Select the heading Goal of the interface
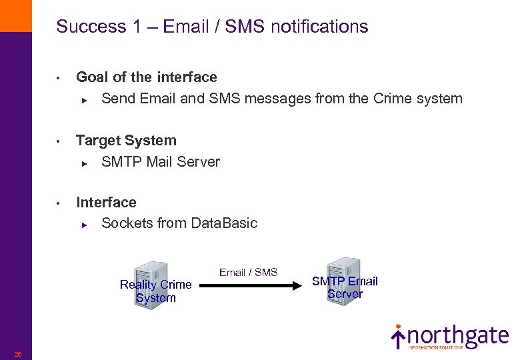coord(147,77)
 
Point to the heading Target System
coord(127,141)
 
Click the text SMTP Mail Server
coord(161,161)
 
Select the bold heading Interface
coord(107,203)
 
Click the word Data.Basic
coord(224,223)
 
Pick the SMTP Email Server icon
coord(344,277)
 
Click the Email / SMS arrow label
coord(248,272)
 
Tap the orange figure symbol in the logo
coord(398,335)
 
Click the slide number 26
coord(18,354)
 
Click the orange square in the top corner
coord(15,15)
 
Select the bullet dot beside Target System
coord(59,141)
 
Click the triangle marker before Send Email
coord(85,99)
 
